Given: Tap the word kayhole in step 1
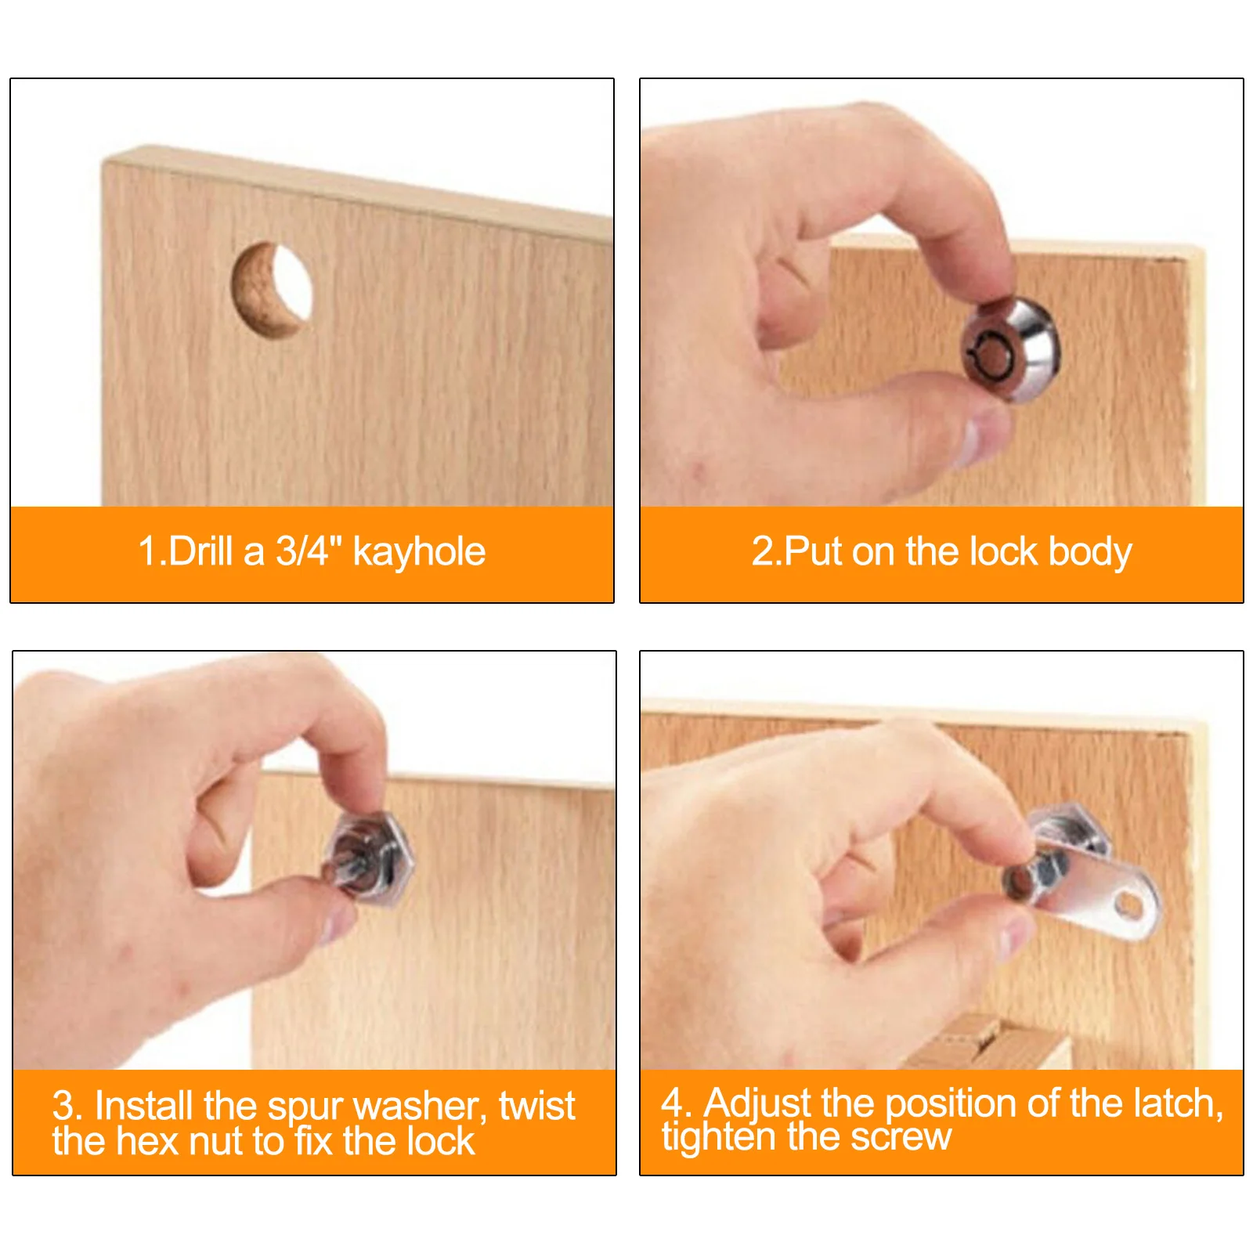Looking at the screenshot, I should coord(419,552).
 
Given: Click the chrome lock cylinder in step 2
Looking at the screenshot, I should coord(1010,349).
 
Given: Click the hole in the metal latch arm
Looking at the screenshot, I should coord(1128,905).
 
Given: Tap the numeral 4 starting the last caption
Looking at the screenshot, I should coord(673,1103).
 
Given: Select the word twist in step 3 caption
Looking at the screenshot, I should coord(537,1106).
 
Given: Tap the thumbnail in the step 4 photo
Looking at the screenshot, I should coord(1015,936).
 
